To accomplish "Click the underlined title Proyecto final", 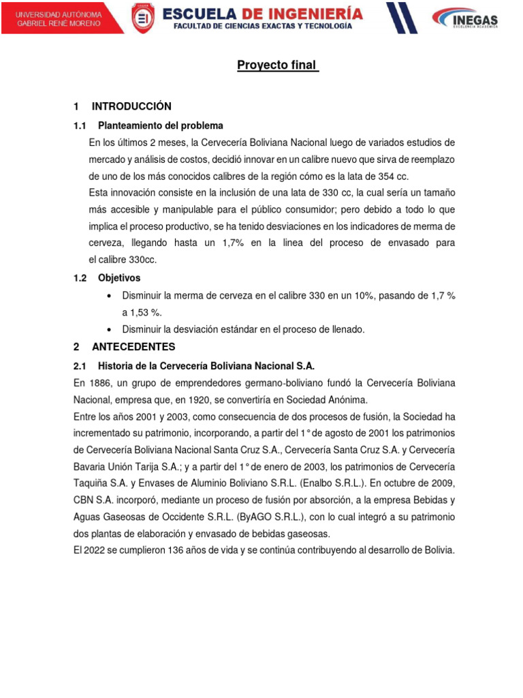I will coord(278,65).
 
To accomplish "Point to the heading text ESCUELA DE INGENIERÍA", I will coord(263,12).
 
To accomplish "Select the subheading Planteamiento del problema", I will coord(161,126).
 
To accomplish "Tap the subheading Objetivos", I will coord(119,278).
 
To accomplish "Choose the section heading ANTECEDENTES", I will coord(133,346).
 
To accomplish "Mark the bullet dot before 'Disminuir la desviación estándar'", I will coord(110,329).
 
